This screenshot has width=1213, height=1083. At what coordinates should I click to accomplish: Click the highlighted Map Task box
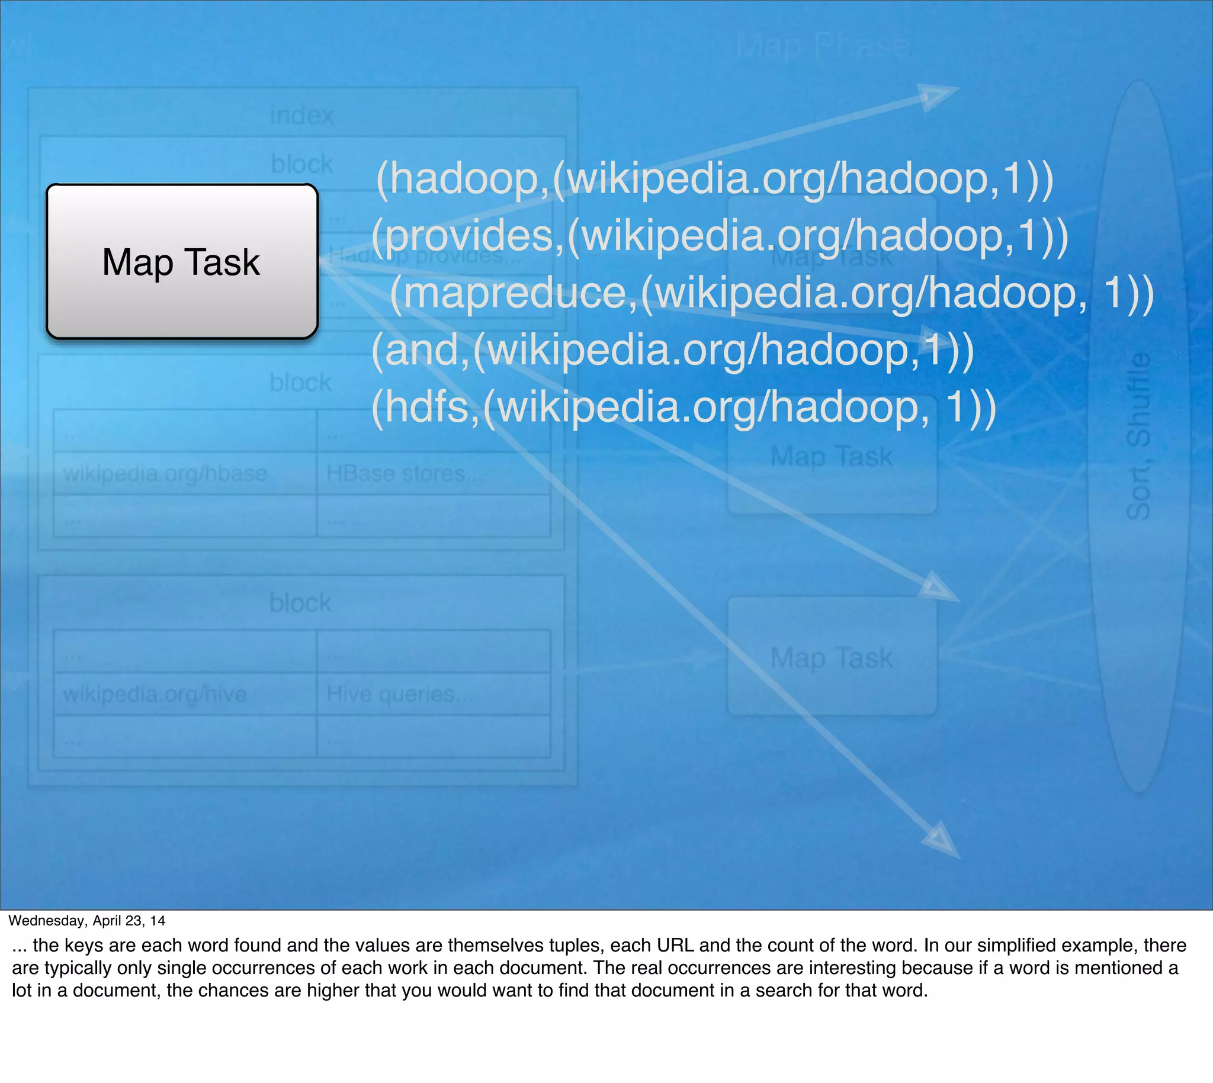(x=182, y=262)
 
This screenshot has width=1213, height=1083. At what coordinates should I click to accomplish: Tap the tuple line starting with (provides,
(x=720, y=236)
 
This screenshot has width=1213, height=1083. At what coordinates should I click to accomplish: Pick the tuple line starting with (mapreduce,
(x=772, y=293)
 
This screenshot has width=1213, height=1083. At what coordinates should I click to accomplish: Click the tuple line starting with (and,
(x=672, y=350)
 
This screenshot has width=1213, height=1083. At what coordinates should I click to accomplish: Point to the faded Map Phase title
(x=823, y=46)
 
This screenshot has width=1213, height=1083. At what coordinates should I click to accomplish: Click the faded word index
(x=301, y=115)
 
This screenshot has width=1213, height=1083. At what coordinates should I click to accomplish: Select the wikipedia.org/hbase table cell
(x=165, y=473)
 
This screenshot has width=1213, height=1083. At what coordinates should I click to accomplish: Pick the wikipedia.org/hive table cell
(x=155, y=694)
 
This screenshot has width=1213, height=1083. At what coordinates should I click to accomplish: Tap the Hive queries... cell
(x=400, y=694)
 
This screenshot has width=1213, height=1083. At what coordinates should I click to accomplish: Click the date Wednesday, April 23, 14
(x=87, y=921)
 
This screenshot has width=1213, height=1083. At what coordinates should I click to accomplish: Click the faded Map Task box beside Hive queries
(x=832, y=656)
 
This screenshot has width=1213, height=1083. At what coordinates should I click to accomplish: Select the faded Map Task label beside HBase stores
(x=832, y=457)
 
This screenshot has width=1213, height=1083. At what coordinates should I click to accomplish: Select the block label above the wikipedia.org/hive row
(x=300, y=603)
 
